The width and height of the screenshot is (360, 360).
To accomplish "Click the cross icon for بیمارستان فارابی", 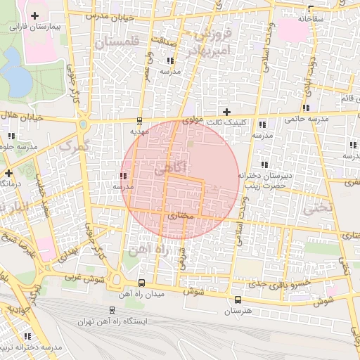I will [x=34, y=15].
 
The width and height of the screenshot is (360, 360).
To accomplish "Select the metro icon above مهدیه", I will [x=139, y=120].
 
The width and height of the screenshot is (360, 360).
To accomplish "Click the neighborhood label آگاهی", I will [x=168, y=169].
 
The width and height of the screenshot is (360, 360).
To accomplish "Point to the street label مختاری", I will [x=181, y=217].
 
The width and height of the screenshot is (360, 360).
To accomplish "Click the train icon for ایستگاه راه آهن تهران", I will [x=112, y=310].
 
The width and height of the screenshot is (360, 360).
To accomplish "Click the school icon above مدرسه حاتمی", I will [x=305, y=108].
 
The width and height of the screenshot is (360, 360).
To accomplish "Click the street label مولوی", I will [x=193, y=121].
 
